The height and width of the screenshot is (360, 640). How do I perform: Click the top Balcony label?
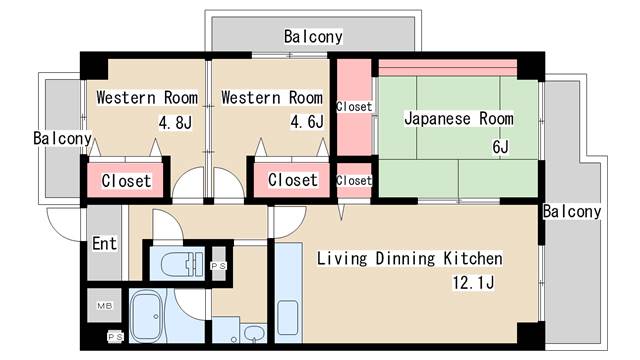pos(312,37)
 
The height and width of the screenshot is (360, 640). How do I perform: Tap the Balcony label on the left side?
pos(62,138)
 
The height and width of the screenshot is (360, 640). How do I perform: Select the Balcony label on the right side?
pos(572,211)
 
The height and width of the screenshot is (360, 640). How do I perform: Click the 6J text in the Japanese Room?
pos(500,147)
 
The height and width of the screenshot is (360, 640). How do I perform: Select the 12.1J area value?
pos(475,284)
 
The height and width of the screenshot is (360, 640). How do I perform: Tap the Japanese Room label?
pos(458,119)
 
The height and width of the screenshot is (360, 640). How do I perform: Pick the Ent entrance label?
pos(104,243)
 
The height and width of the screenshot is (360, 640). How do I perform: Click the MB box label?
pos(104,305)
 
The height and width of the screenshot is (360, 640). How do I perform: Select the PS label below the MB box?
pos(114,337)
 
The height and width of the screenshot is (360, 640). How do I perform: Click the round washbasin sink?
pos(254,333)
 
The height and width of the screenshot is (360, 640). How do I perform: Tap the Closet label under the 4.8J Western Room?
pos(126,181)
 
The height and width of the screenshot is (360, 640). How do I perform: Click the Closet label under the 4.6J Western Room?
pos(292,181)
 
